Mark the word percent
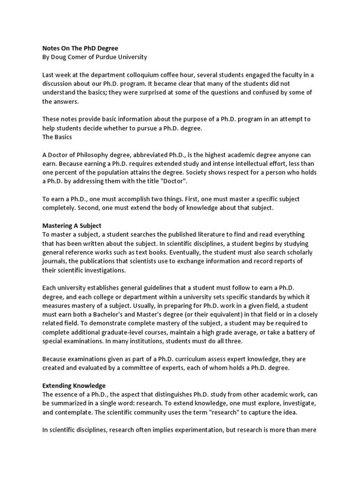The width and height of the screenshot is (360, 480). [x=69, y=172]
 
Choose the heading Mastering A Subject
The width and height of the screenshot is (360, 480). [x=72, y=225]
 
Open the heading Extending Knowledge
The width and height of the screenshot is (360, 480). [x=74, y=385]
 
